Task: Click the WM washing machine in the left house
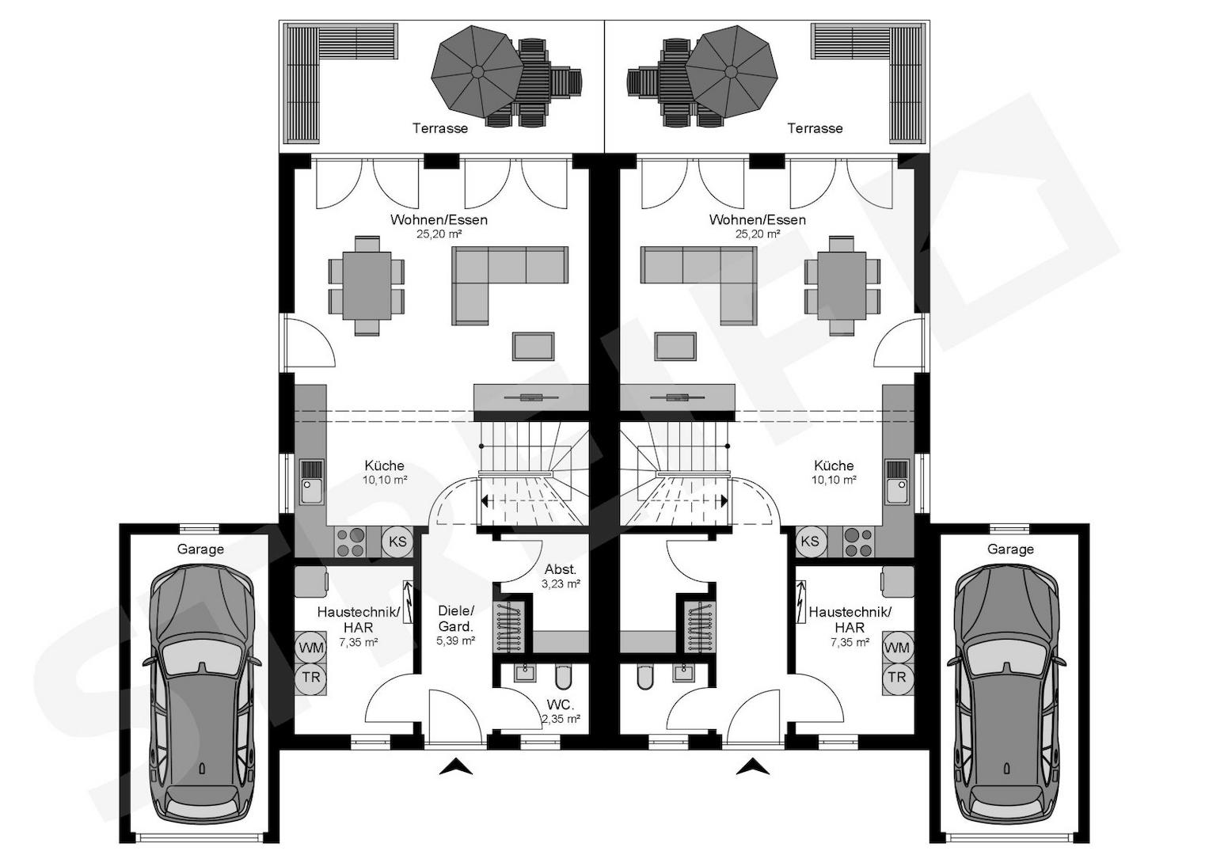(311, 648)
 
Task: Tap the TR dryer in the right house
(898, 678)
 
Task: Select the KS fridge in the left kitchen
(397, 541)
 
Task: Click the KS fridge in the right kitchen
(810, 541)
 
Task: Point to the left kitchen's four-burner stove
(350, 541)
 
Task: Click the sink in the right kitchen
(897, 482)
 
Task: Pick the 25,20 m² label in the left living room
(439, 234)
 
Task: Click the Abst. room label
(561, 569)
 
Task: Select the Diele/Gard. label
(455, 618)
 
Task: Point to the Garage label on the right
(1010, 549)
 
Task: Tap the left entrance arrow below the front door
(456, 766)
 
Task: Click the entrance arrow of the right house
(753, 766)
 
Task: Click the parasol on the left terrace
(477, 72)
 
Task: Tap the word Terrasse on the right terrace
(815, 128)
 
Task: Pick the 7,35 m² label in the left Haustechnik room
(358, 642)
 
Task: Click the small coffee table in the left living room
(534, 346)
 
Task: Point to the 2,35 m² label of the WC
(561, 719)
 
